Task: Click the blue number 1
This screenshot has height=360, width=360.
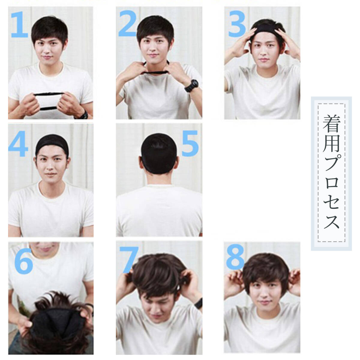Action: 19,25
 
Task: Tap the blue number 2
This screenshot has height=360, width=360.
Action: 127,23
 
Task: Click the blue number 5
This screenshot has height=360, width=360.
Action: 190,143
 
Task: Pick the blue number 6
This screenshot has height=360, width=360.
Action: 24,261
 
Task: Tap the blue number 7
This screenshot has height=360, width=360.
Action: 129,260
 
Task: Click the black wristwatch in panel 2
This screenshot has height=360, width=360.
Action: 192,86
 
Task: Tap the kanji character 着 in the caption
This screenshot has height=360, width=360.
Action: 331,124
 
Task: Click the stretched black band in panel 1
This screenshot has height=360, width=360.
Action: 49,101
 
